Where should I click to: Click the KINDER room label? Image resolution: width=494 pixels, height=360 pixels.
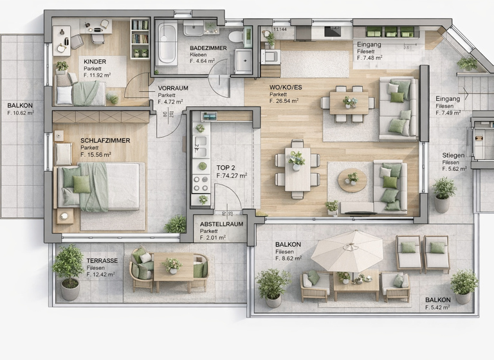click(95, 62)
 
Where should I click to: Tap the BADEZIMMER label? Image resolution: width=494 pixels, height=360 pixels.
click(208, 48)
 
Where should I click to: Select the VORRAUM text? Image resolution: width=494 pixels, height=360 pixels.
click(173, 88)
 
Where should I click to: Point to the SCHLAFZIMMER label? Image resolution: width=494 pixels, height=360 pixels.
click(105, 140)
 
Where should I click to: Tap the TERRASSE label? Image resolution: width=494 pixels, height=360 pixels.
click(102, 260)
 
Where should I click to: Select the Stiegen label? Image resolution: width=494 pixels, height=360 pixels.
click(453, 156)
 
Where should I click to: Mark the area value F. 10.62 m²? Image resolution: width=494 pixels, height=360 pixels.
click(21, 113)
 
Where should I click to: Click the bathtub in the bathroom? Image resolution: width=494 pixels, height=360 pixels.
click(167, 44)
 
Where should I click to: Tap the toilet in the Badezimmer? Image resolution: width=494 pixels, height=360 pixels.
click(235, 37)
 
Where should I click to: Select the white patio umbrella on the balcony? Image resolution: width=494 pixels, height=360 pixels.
click(347, 249)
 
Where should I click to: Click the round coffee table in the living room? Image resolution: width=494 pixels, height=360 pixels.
click(352, 180)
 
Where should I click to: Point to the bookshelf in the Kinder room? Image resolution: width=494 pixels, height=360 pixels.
click(140, 39)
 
